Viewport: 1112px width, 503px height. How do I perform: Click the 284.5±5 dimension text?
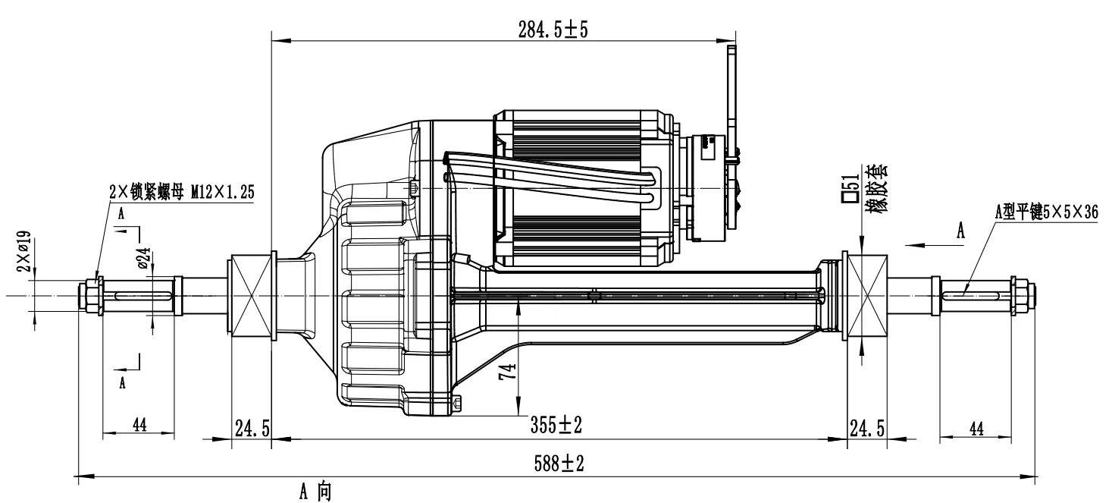click(553, 30)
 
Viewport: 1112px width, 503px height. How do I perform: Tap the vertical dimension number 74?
click(510, 371)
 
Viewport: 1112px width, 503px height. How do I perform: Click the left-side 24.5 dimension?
click(252, 428)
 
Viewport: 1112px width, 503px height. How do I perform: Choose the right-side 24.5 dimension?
click(867, 428)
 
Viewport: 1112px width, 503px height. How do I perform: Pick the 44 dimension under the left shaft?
click(139, 425)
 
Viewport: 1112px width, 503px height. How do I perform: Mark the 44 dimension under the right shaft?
click(976, 429)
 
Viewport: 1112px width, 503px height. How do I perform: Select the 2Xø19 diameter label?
click(24, 252)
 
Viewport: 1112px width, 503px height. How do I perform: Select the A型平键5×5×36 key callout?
click(1046, 212)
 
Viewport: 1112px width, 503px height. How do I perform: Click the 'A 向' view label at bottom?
click(313, 492)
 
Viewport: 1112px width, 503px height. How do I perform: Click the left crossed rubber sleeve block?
click(250, 296)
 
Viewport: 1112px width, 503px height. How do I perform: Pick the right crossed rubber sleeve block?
click(867, 296)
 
